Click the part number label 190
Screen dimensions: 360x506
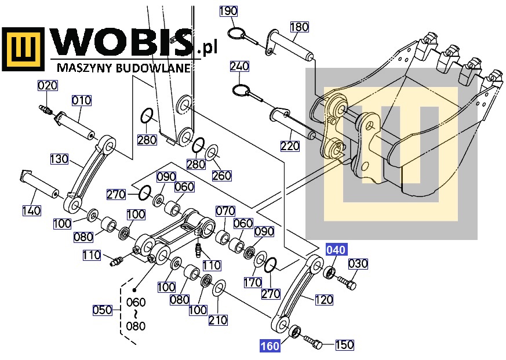click(x=228, y=12)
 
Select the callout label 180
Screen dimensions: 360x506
click(x=299, y=27)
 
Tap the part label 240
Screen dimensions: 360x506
click(x=239, y=66)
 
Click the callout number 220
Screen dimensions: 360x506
click(x=290, y=146)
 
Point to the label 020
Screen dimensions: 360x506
click(x=48, y=86)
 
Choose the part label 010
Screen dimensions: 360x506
click(x=82, y=100)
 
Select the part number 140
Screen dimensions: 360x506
click(x=31, y=210)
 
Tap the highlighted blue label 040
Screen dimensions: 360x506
click(x=336, y=250)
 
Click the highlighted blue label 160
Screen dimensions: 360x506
click(x=270, y=347)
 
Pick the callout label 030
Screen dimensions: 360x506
click(x=358, y=264)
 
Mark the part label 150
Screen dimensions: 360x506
click(x=344, y=346)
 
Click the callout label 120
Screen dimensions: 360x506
click(x=323, y=300)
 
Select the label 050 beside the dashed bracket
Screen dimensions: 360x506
click(x=103, y=310)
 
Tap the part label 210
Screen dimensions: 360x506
click(x=218, y=320)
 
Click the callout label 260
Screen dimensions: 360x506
click(x=221, y=176)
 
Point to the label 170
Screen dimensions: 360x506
click(x=253, y=283)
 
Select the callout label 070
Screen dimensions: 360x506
click(x=225, y=210)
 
